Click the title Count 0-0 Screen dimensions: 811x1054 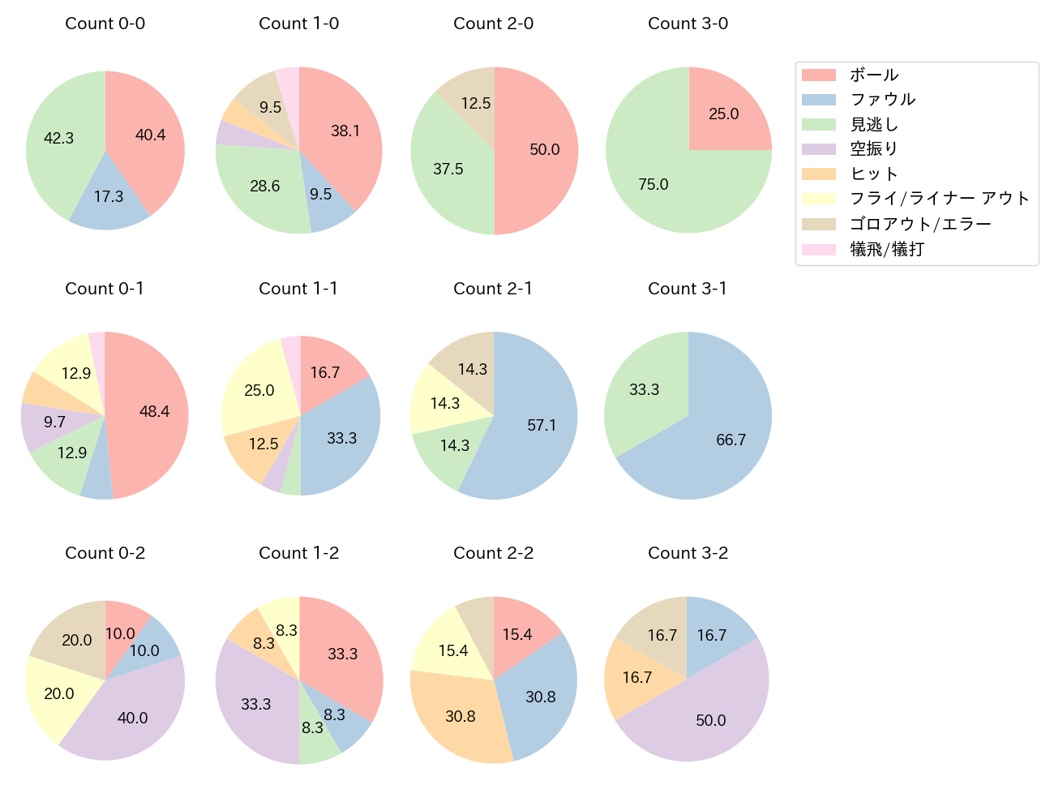click(105, 24)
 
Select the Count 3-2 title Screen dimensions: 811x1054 click(688, 553)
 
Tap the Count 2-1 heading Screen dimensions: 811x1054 click(493, 289)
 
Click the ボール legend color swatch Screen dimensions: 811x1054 click(818, 75)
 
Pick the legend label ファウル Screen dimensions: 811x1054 click(882, 100)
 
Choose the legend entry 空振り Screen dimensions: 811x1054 click(873, 149)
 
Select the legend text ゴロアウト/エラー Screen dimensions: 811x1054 click(920, 224)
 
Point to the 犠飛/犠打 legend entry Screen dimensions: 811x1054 click(886, 249)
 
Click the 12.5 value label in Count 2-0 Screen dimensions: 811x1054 click(476, 103)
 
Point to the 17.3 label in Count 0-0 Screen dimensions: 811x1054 click(109, 196)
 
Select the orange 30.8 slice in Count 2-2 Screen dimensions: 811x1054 click(460, 716)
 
